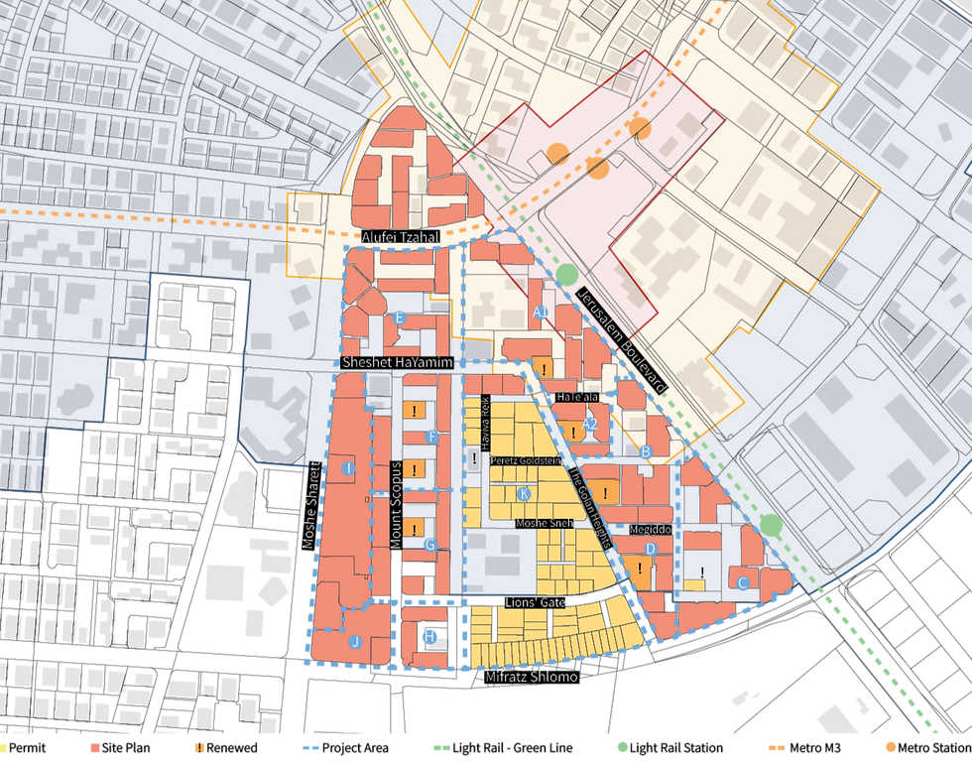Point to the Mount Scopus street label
(x=396, y=505)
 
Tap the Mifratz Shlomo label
(x=531, y=677)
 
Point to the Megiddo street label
(x=650, y=530)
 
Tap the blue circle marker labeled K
(x=524, y=493)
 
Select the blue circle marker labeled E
(x=400, y=318)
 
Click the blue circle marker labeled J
(x=354, y=642)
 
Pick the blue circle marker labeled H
(x=429, y=636)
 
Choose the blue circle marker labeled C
(x=742, y=583)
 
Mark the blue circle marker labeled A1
(x=541, y=313)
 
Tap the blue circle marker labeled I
(x=348, y=467)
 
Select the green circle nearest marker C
(x=772, y=524)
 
